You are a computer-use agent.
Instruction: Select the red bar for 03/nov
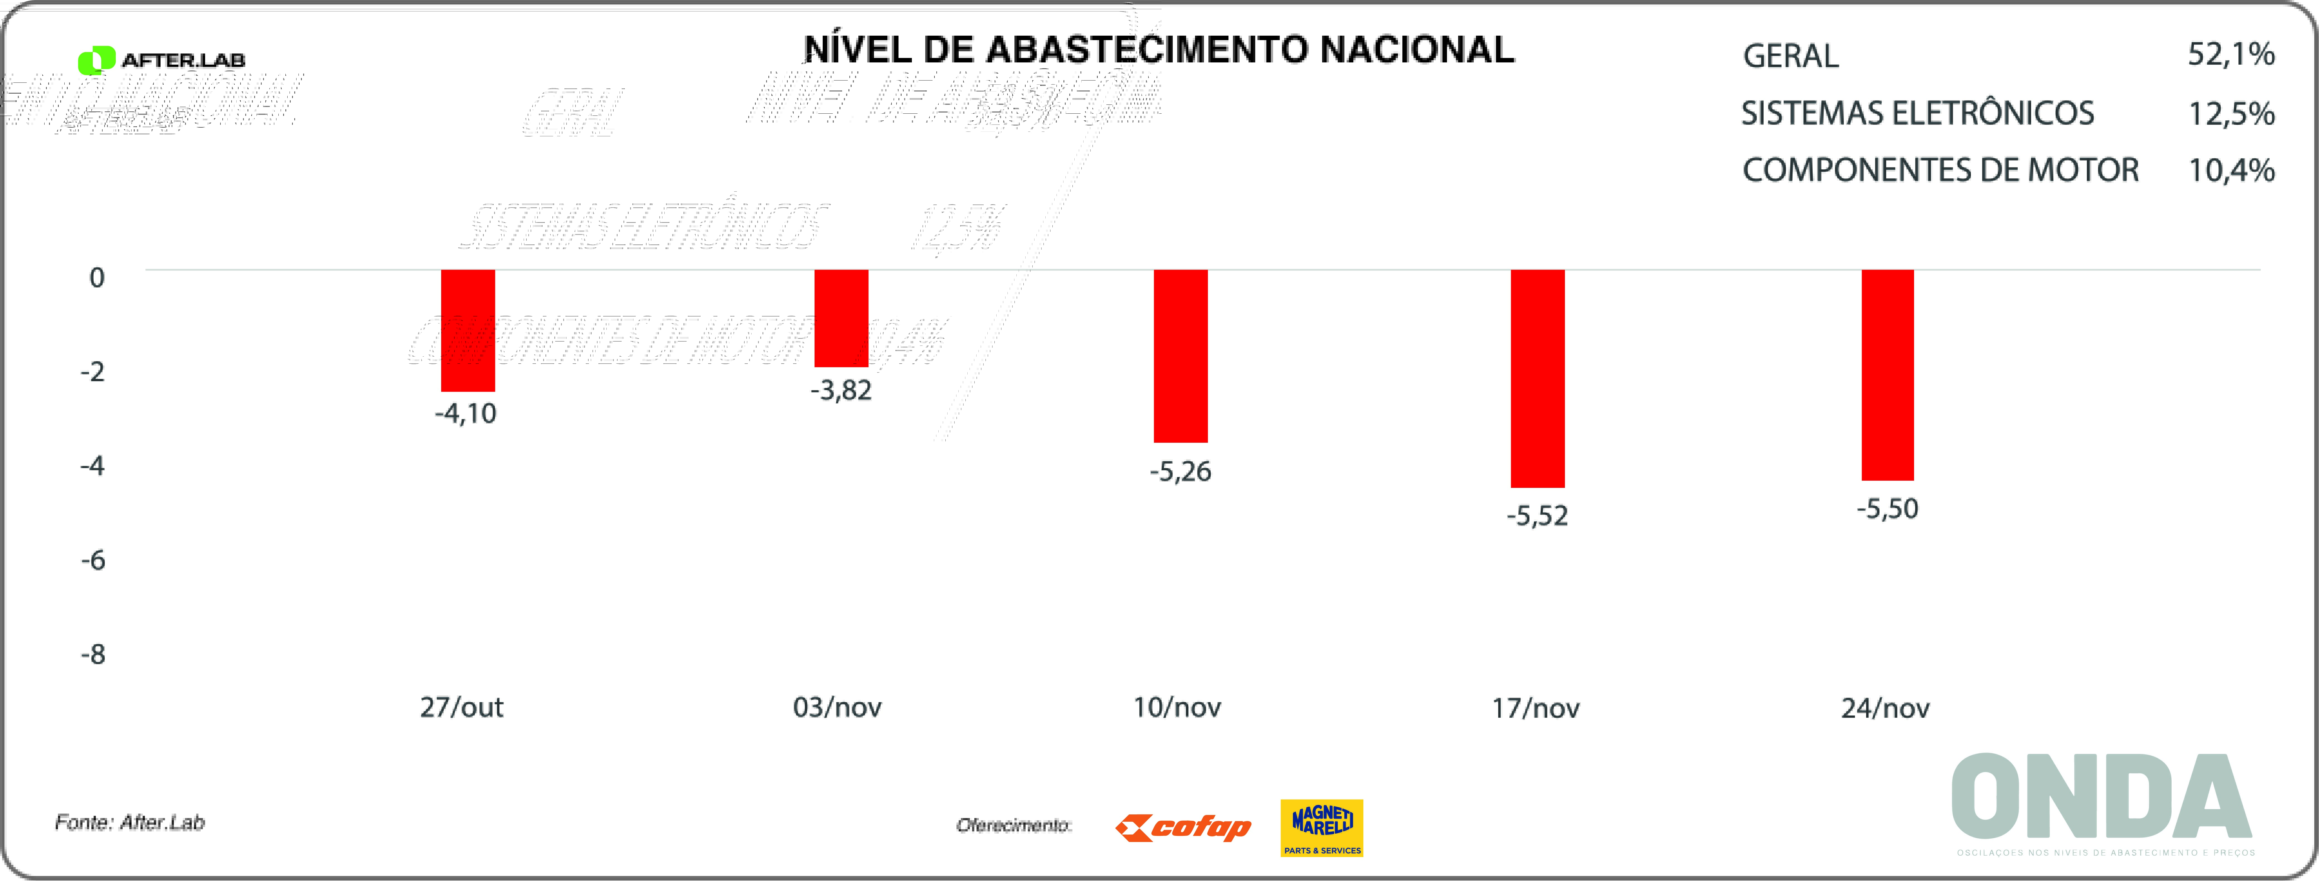point(841,318)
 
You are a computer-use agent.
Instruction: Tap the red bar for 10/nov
point(1180,356)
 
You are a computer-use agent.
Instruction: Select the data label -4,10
point(465,413)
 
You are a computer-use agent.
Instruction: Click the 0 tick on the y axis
point(96,277)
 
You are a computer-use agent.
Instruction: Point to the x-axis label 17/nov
point(1535,708)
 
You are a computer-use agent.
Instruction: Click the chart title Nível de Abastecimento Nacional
point(1159,50)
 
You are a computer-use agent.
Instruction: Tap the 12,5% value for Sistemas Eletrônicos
point(2231,113)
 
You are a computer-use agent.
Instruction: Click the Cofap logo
point(1183,827)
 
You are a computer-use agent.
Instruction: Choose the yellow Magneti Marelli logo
point(1322,827)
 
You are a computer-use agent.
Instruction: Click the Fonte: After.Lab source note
point(130,822)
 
